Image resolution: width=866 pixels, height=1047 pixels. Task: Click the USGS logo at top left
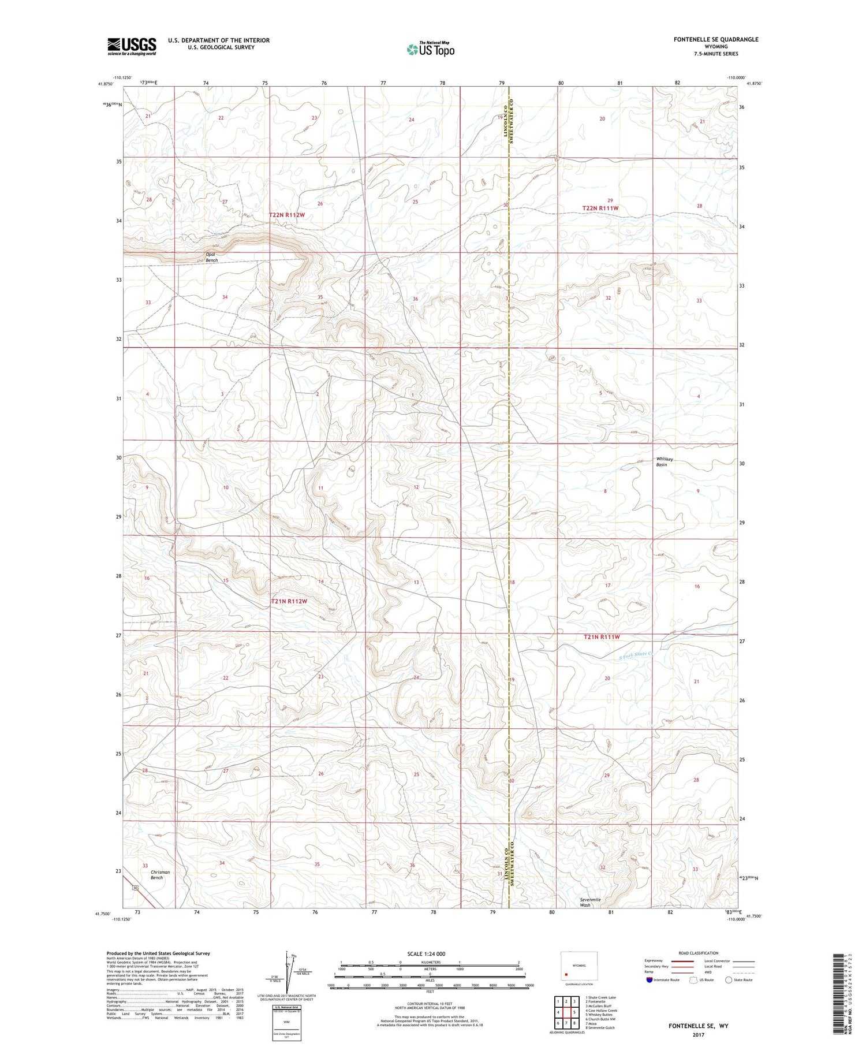pos(132,46)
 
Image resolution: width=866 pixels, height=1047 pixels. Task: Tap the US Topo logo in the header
pos(431,50)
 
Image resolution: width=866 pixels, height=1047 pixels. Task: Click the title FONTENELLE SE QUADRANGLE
pos(715,39)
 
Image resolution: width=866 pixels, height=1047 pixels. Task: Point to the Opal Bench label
pos(212,258)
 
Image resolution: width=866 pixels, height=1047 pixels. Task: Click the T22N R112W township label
pos(286,215)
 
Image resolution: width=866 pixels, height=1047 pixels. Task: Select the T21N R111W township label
pos(601,637)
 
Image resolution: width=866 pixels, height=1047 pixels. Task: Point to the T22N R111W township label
pos(600,208)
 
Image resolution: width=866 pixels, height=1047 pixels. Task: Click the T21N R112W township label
pos(289,601)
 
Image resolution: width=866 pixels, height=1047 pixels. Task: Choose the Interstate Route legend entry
pos(664,980)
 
